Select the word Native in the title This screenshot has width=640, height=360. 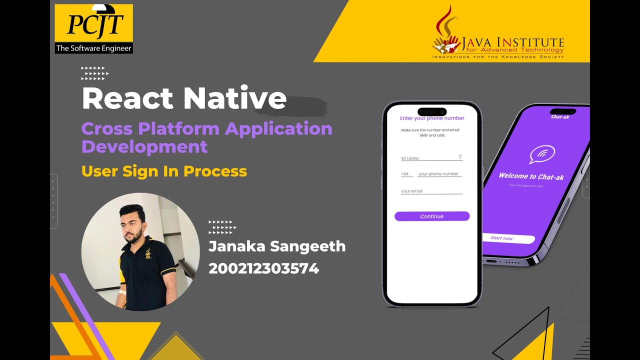coord(234,98)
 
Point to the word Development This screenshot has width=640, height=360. coord(144,146)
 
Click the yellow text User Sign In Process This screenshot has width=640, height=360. coord(164,171)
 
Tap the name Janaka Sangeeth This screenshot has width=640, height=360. coord(277,246)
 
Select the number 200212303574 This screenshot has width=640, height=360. coord(263,268)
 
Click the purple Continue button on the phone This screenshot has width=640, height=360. coord(432,216)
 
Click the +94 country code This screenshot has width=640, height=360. coord(405,174)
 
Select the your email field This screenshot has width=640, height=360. coord(431,191)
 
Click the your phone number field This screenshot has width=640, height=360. coord(439,174)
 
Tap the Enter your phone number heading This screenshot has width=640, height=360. coord(432,118)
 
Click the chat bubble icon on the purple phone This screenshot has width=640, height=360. coord(542,154)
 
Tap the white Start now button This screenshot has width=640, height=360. coord(508,238)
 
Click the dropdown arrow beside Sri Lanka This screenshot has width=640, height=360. coord(460,157)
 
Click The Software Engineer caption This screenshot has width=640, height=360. coord(94,48)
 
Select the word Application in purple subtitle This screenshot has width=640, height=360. coord(278,128)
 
